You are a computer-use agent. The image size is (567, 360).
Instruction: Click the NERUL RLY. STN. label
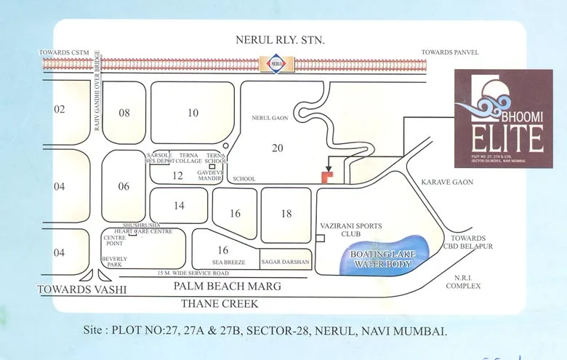click(x=279, y=39)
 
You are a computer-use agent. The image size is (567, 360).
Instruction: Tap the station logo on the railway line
click(x=276, y=63)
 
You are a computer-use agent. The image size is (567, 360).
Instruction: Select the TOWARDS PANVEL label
click(x=449, y=52)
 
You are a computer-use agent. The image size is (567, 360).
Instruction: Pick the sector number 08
click(x=124, y=113)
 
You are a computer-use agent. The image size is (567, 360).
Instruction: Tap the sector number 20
click(x=277, y=148)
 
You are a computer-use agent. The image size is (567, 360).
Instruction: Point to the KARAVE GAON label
click(x=451, y=183)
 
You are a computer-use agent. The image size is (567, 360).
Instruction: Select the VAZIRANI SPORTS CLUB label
click(x=351, y=231)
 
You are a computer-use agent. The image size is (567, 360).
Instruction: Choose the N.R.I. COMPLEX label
click(x=463, y=281)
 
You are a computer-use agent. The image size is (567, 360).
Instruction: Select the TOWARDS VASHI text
click(x=82, y=289)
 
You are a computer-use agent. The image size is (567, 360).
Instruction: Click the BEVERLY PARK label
click(x=115, y=263)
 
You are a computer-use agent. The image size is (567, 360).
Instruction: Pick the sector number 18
click(x=286, y=213)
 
